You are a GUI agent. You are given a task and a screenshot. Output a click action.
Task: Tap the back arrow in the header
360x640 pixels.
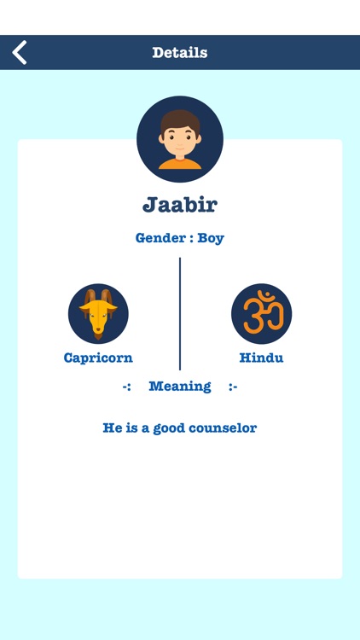pos(20,52)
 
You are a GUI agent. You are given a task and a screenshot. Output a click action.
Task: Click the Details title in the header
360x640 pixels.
pos(180,52)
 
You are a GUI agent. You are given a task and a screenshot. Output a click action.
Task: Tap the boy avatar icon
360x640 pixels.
pos(180,139)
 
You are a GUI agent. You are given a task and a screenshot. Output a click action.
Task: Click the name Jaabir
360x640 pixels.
pos(180,205)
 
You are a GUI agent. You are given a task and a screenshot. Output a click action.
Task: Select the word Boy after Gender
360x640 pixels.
pos(211,238)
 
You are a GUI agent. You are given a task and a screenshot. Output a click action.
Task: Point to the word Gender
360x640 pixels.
pos(159,238)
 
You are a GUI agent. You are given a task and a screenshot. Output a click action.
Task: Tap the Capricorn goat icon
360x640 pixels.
pos(98,314)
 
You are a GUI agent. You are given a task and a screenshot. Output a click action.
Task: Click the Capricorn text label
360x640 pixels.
pos(98,358)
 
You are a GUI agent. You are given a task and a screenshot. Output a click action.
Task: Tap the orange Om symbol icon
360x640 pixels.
pos(261,314)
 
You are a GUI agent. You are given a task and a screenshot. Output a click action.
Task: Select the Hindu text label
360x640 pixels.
pos(261,358)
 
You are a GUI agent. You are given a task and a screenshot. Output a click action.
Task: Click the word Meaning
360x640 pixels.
pos(180,386)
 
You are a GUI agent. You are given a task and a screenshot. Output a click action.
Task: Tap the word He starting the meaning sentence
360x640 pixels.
pos(111,428)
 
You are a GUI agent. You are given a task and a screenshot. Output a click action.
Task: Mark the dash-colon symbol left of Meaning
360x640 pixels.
pos(126,386)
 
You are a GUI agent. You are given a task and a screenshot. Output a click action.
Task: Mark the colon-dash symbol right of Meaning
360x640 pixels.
pos(233,386)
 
